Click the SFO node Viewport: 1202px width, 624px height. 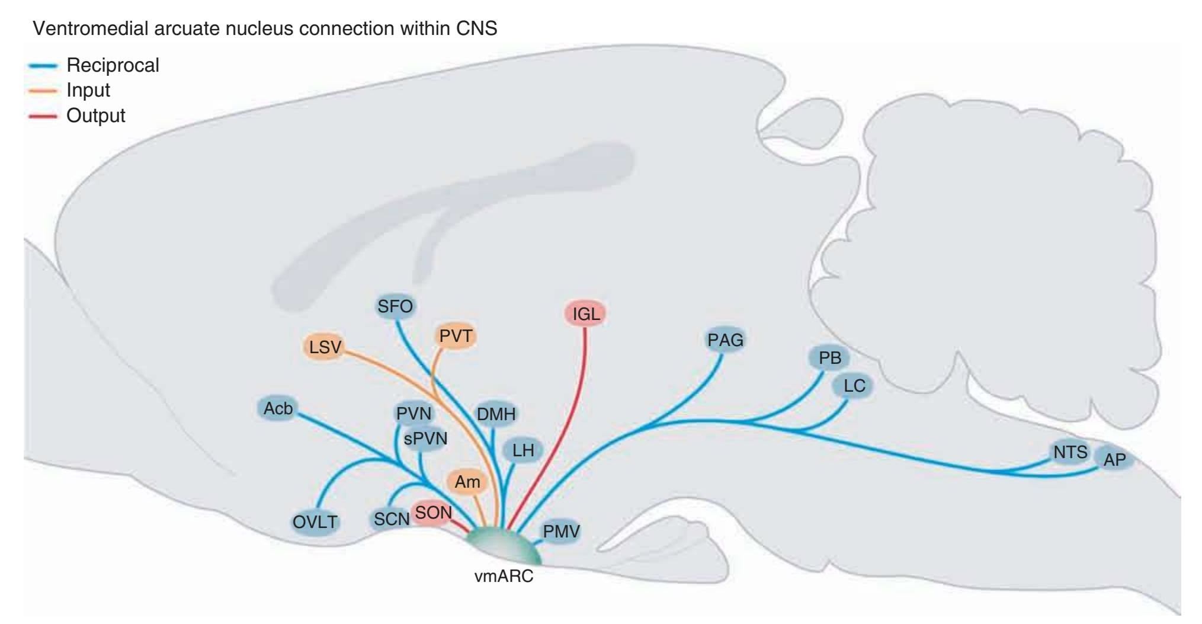[x=395, y=306]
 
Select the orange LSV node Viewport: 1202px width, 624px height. [x=325, y=347]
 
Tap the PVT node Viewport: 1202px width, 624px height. [x=456, y=336]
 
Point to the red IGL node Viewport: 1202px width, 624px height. [x=586, y=313]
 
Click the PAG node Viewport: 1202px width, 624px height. [x=725, y=340]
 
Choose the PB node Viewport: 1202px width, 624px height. [x=829, y=358]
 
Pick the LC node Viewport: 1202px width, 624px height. [x=854, y=386]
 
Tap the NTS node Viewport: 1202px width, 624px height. [x=1070, y=452]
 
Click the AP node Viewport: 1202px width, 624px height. [x=1114, y=459]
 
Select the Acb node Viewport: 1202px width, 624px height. [x=278, y=408]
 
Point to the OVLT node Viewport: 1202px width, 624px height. [x=315, y=522]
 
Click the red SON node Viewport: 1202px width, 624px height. [x=433, y=513]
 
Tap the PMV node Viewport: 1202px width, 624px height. [x=561, y=532]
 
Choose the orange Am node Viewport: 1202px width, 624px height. [x=467, y=482]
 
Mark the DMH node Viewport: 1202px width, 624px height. [x=496, y=414]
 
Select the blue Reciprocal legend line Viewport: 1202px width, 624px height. [x=43, y=66]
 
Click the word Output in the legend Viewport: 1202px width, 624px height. [x=96, y=116]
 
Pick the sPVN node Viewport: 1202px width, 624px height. [x=425, y=439]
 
